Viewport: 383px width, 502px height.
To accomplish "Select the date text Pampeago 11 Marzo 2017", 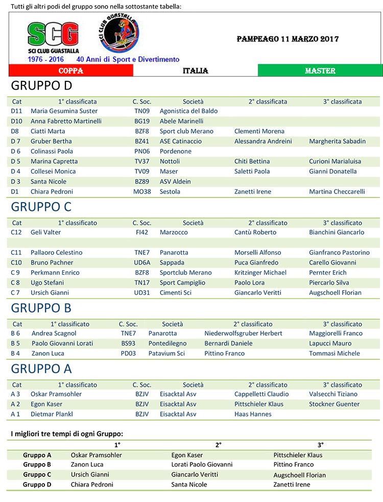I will pyautogui.click(x=288, y=39).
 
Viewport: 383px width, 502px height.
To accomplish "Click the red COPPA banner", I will pyautogui.click(x=71, y=71).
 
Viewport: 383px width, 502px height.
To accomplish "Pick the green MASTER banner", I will pyautogui.click(x=320, y=71).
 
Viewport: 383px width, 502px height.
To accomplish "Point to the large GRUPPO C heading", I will pyautogui.click(x=41, y=207).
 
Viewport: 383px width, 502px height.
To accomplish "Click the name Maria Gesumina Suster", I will pyautogui.click(x=64, y=111).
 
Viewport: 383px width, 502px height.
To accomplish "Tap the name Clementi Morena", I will pyautogui.click(x=259, y=131).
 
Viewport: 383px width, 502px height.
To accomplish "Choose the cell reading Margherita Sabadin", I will pyautogui.click(x=337, y=141).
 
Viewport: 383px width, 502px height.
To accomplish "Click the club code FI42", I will pyautogui.click(x=142, y=232).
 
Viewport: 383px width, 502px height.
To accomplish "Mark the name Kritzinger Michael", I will pyautogui.click(x=260, y=273).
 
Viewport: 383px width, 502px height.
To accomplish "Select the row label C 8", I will pyautogui.click(x=17, y=282).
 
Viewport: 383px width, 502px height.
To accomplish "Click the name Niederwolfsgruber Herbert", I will pyautogui.click(x=243, y=333).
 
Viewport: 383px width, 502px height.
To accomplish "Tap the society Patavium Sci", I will pyautogui.click(x=166, y=354).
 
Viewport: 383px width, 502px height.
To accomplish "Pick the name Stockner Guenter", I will pyautogui.click(x=334, y=404).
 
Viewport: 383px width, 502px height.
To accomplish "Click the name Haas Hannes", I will pyautogui.click(x=253, y=414).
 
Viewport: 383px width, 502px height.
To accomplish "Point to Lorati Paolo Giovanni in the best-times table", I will pyautogui.click(x=202, y=465).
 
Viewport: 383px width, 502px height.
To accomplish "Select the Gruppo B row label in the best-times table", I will pyautogui.click(x=37, y=465).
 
